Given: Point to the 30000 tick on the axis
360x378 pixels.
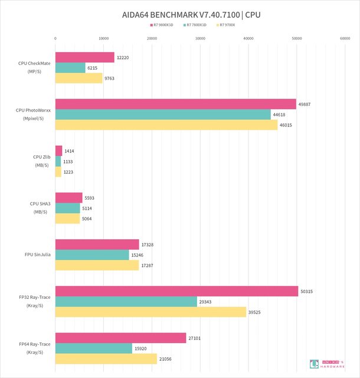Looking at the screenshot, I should click(200, 38).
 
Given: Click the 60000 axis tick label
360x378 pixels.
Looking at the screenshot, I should click(345, 38).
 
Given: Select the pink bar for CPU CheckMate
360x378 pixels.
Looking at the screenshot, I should click(84, 57).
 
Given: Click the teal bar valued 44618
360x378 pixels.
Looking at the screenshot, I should click(163, 115).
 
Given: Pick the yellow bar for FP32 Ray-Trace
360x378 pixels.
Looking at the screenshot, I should click(150, 312).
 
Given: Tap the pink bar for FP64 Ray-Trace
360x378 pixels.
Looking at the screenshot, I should click(120, 338).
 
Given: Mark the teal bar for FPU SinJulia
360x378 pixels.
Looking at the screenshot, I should click(92, 255).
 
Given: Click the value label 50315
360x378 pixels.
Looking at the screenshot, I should click(306, 291).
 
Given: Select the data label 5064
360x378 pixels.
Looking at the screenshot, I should click(87, 219).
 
